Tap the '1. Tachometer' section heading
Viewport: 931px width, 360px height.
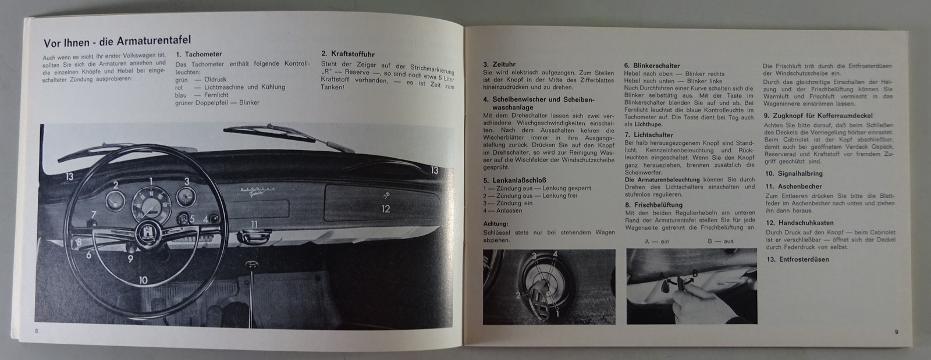click(198, 54)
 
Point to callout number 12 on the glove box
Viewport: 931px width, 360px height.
click(386, 208)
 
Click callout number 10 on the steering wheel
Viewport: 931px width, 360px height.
click(143, 280)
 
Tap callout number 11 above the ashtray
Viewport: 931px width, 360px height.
click(254, 224)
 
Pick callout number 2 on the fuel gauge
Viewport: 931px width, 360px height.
click(116, 186)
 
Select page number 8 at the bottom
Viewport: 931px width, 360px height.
click(36, 332)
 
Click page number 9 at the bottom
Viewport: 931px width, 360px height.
click(897, 332)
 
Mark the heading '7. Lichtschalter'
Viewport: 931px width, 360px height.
click(648, 135)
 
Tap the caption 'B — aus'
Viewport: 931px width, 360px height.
click(720, 241)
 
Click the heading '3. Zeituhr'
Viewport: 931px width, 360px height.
click(499, 64)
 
